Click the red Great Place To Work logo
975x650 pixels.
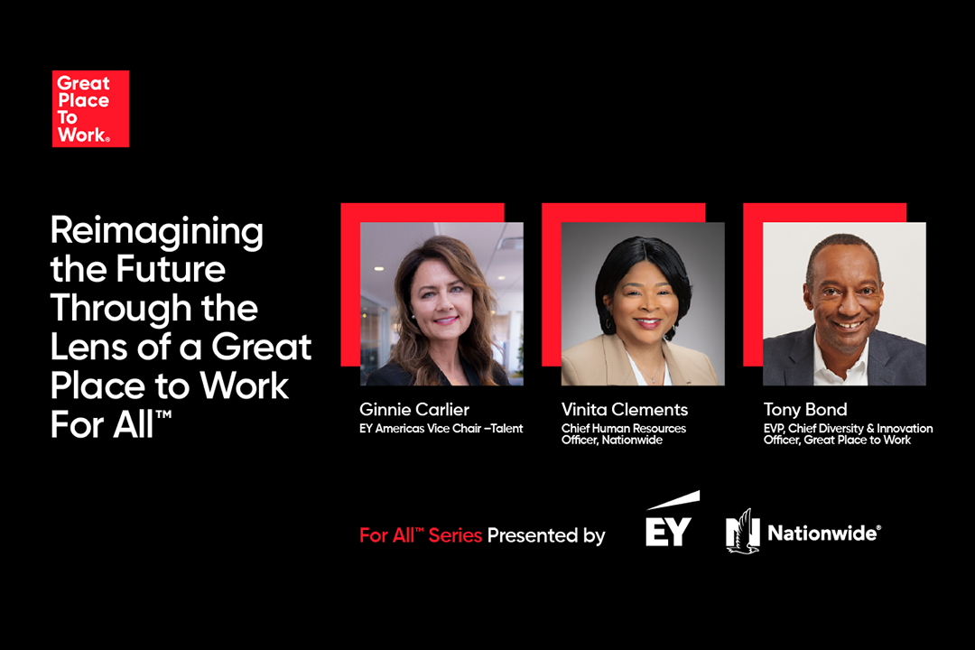(x=90, y=108)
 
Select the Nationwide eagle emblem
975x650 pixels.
(x=742, y=531)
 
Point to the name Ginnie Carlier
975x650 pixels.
(x=414, y=409)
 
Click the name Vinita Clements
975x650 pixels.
(x=625, y=409)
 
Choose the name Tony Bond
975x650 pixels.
(x=805, y=409)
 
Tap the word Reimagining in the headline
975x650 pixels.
(x=157, y=232)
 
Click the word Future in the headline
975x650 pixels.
(x=171, y=269)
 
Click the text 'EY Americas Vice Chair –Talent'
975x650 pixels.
(x=441, y=429)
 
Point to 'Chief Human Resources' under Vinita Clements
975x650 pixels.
(x=624, y=429)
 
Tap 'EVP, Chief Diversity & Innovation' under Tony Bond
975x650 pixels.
(x=848, y=429)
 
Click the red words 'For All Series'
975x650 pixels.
(x=421, y=535)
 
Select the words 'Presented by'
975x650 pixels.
(x=546, y=535)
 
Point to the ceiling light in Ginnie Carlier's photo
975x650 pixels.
(x=378, y=269)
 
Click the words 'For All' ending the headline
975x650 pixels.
(x=110, y=425)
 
